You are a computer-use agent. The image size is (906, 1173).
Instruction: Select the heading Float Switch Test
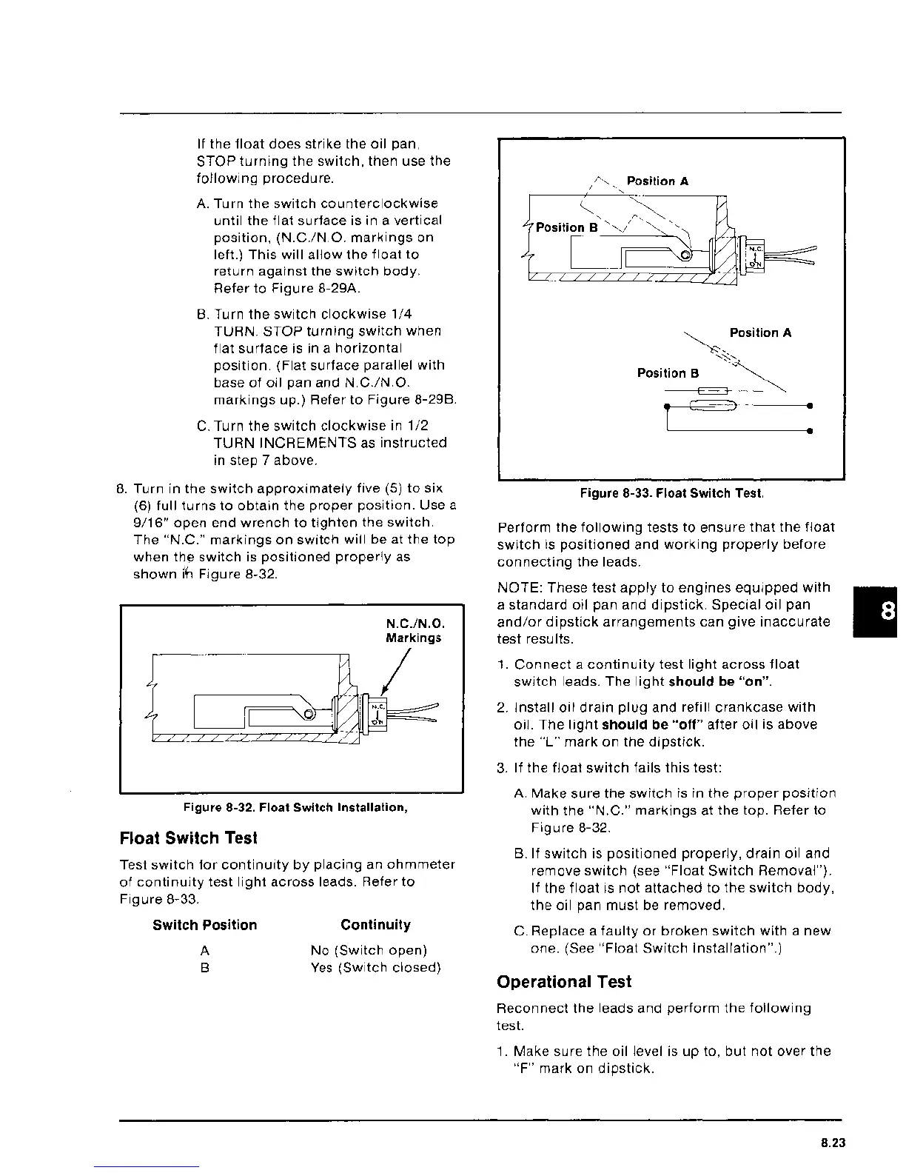pos(188,838)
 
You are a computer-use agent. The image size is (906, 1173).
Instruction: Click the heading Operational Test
pos(564,982)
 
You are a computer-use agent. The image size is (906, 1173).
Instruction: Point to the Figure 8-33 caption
pos(671,493)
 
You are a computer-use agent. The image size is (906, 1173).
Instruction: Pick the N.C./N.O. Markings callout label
pos(414,630)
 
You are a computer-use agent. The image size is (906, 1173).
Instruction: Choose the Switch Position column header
pos(205,925)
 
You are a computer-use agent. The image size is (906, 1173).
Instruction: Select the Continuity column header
pos(375,925)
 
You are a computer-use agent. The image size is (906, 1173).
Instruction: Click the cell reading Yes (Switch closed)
pos(376,968)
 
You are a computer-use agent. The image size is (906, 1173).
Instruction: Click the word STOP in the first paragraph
pos(213,161)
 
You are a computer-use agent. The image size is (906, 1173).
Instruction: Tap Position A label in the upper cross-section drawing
pos(658,181)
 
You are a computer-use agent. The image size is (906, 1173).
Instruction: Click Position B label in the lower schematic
pos(668,373)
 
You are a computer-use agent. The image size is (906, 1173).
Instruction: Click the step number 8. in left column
pos(123,489)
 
